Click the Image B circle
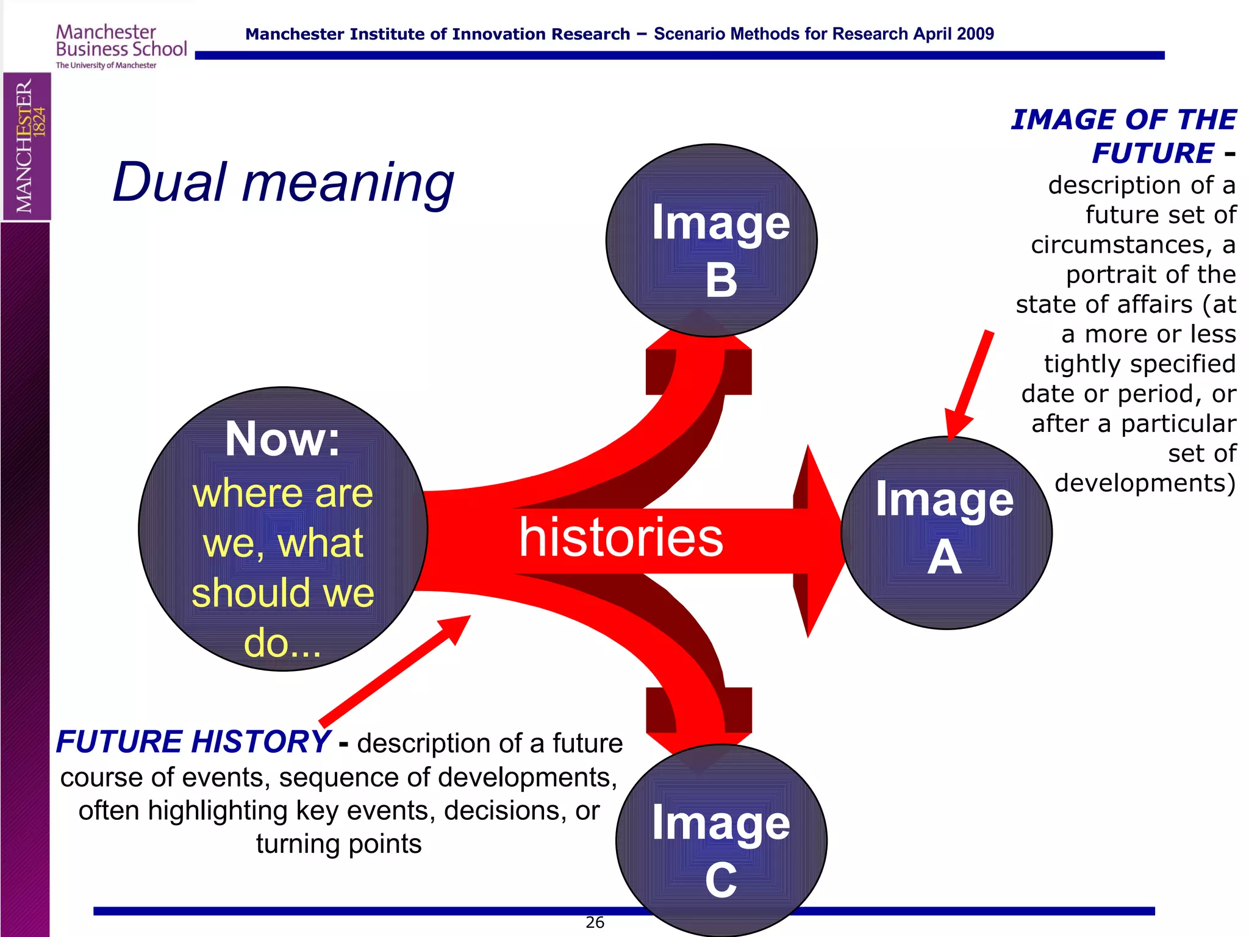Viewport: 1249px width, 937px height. tap(711, 240)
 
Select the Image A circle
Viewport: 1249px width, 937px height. tap(947, 533)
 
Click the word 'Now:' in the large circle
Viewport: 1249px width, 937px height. tap(282, 439)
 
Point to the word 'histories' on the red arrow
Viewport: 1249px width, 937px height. tap(621, 537)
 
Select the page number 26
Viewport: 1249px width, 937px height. tap(595, 922)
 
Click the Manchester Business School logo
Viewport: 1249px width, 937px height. tap(121, 46)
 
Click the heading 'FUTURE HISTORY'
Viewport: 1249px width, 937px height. tap(193, 742)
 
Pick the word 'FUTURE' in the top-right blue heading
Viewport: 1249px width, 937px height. tap(1153, 153)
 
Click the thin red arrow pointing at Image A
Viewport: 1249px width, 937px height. tap(970, 384)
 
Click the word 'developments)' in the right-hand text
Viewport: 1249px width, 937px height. tap(1145, 483)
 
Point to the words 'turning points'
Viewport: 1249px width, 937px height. tap(338, 844)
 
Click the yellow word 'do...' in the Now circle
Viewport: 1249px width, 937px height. tap(282, 643)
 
